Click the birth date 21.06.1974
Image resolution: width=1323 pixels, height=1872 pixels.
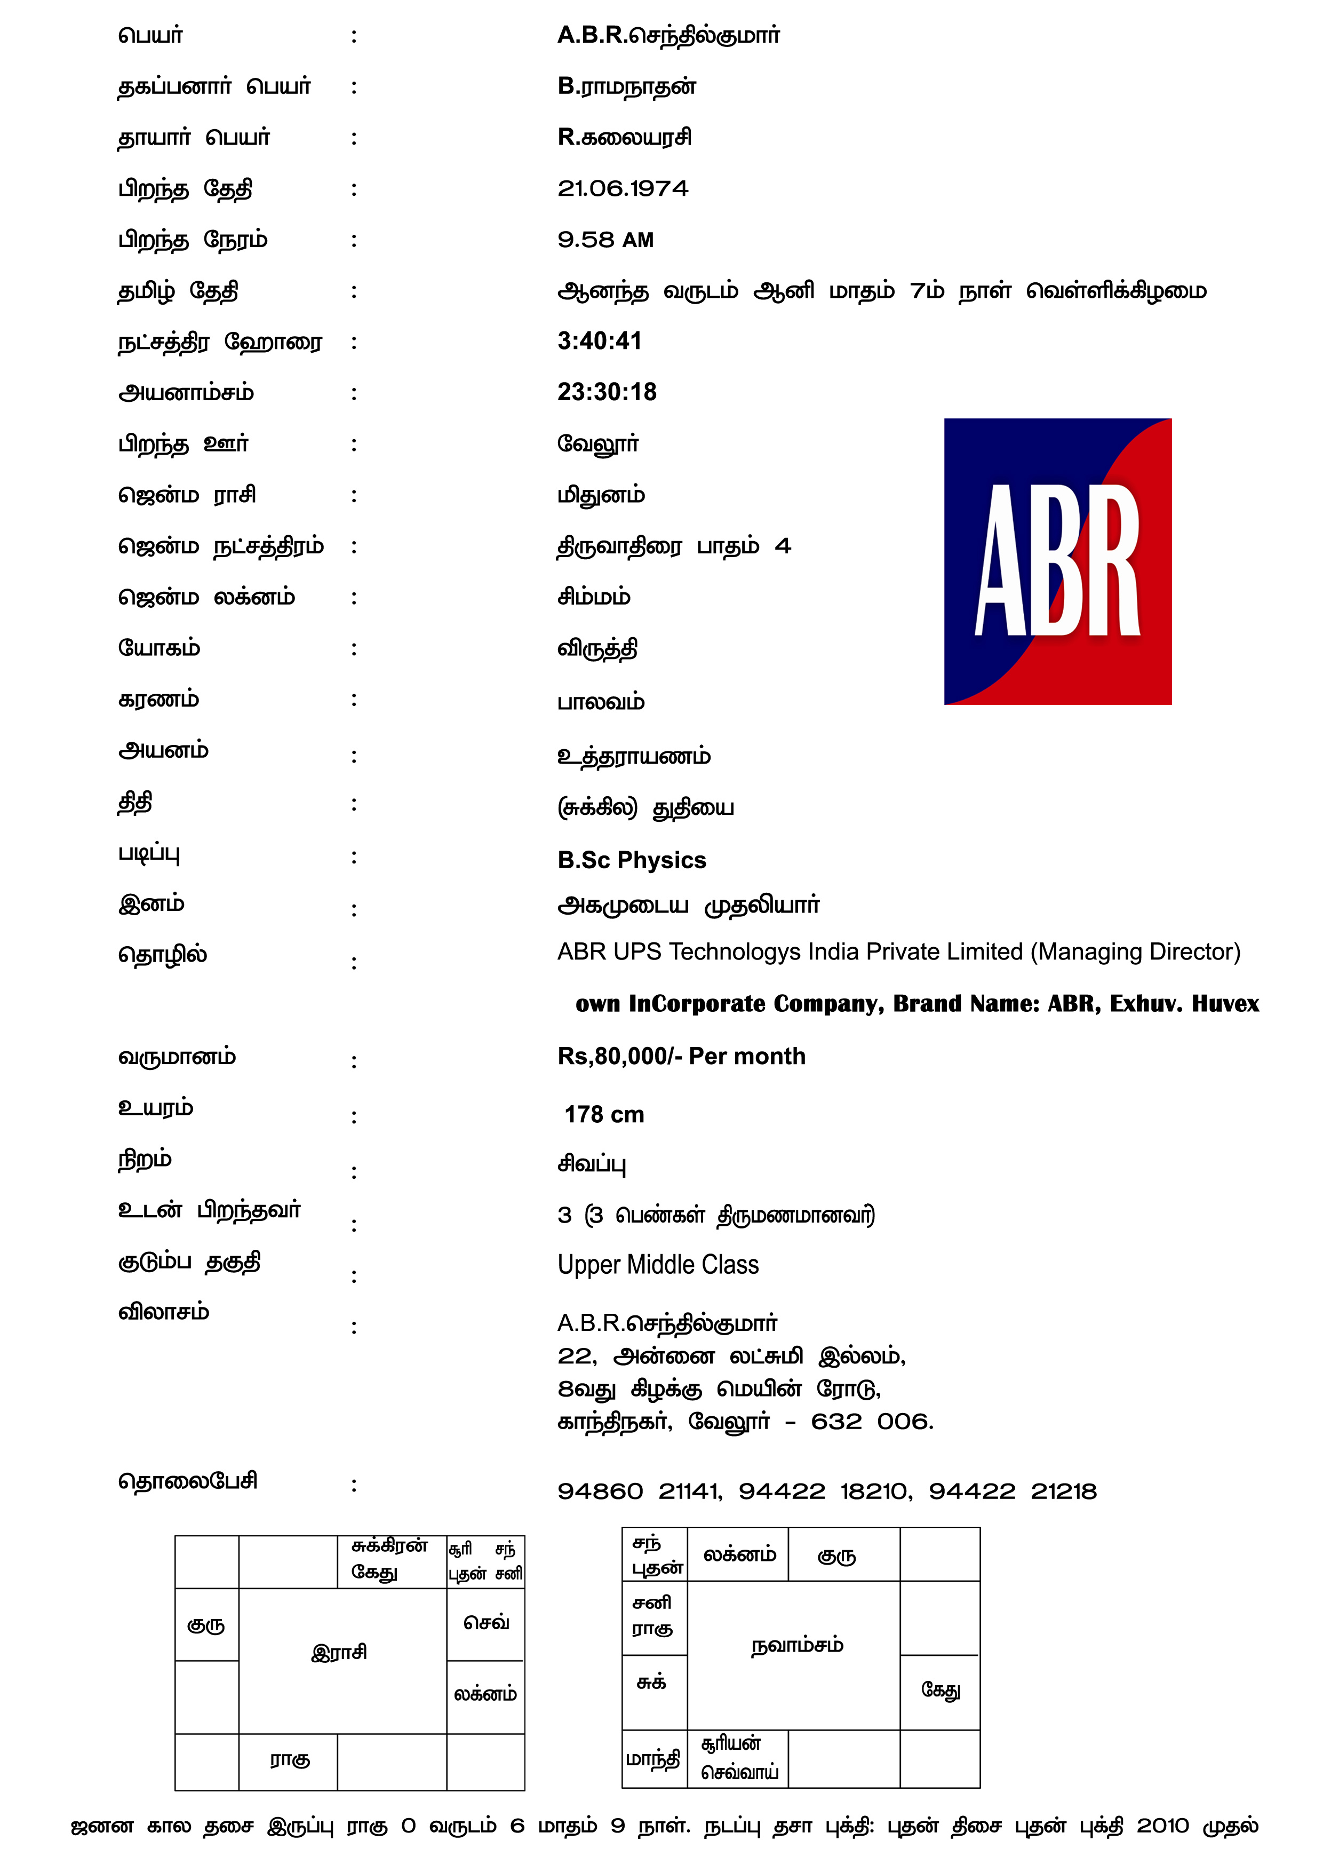(x=623, y=188)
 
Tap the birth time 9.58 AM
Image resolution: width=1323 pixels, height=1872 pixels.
(x=605, y=240)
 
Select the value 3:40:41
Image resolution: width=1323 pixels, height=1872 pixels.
(x=599, y=341)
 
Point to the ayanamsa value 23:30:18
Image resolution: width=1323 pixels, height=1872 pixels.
(x=607, y=392)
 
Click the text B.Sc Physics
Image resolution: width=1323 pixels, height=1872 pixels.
(x=632, y=860)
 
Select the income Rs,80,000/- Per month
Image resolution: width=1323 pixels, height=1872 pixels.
(x=681, y=1056)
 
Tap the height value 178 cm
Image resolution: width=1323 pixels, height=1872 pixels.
(x=604, y=1115)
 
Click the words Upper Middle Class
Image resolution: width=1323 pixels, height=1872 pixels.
(x=658, y=1265)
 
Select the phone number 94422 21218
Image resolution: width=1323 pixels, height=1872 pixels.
(x=1013, y=1491)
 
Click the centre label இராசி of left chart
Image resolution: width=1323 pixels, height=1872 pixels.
(x=339, y=1653)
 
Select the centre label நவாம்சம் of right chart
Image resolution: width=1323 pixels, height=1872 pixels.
(x=796, y=1645)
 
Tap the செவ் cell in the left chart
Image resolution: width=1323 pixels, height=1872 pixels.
(x=486, y=1622)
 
